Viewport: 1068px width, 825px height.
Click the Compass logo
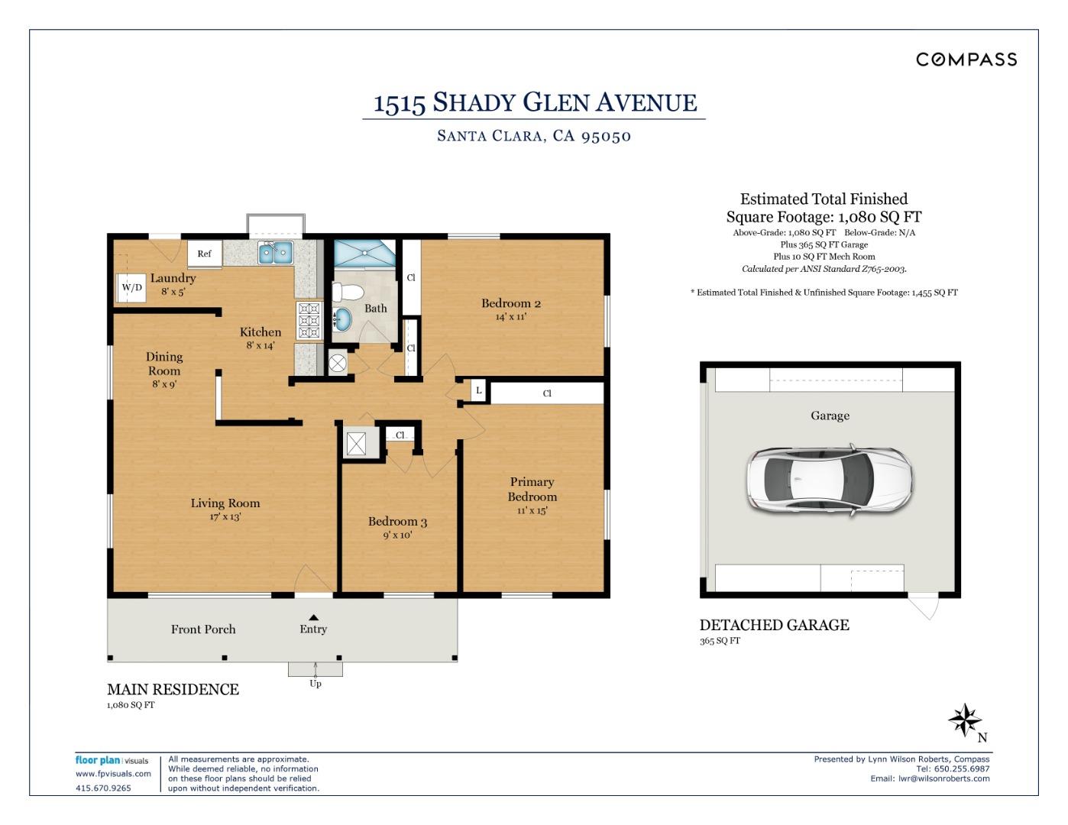[966, 60]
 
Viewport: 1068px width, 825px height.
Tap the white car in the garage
[829, 480]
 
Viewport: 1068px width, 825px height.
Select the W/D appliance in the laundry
[131, 288]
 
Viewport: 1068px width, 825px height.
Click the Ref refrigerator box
[204, 254]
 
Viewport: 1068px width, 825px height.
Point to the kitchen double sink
[275, 252]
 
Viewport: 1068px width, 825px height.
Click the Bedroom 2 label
[510, 303]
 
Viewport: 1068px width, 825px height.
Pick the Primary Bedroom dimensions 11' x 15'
[532, 511]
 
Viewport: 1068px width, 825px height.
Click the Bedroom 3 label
[397, 522]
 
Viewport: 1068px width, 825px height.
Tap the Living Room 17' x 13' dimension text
[225, 517]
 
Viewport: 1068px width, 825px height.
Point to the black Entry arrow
[313, 617]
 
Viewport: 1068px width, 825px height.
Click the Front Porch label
[203, 629]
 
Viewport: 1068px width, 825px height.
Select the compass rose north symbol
[965, 720]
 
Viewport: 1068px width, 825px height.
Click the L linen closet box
[478, 390]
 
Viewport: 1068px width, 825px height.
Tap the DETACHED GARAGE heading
[774, 625]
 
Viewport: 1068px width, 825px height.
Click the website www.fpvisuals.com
[113, 774]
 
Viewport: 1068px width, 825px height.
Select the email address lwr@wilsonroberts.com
[943, 778]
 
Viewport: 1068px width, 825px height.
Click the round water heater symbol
[338, 364]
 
